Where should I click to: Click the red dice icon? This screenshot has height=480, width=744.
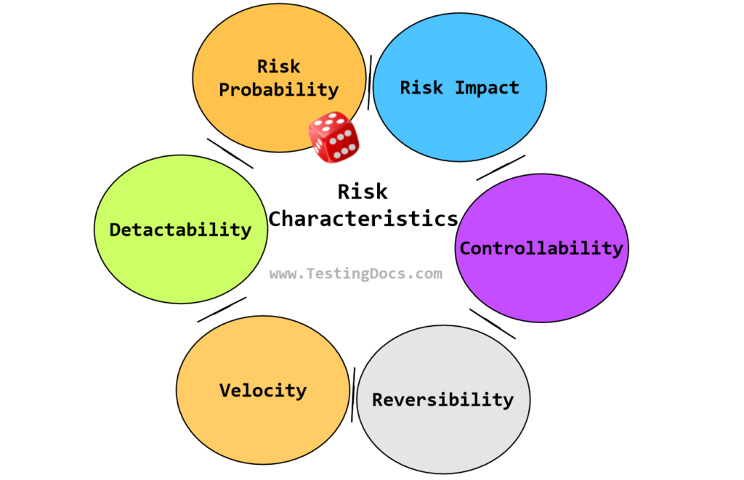tap(333, 137)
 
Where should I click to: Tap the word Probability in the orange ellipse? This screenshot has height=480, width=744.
tap(279, 90)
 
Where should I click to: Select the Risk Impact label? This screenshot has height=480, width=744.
tap(459, 88)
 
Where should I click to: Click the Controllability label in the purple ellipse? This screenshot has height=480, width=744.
tap(541, 248)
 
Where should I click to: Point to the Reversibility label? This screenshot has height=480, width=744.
tap(442, 399)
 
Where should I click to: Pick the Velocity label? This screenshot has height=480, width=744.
tap(263, 390)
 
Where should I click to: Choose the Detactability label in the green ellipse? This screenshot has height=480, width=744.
tap(180, 230)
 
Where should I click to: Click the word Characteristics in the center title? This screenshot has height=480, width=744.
tap(363, 218)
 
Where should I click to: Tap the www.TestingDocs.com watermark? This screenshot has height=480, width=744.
tap(355, 274)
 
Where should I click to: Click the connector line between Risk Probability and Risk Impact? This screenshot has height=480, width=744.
tap(370, 82)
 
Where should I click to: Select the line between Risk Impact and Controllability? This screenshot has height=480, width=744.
tap(501, 168)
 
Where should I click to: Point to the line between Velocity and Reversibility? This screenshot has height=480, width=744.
tap(353, 394)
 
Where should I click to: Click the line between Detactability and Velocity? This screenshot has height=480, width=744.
tap(222, 309)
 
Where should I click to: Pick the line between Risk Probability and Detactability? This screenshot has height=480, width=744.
tap(230, 154)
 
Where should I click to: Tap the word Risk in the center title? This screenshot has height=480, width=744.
tap(363, 192)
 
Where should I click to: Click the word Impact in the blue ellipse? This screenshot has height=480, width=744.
tap(487, 88)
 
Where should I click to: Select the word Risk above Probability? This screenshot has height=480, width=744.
tap(279, 66)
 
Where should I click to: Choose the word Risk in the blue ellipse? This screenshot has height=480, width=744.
tap(421, 88)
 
